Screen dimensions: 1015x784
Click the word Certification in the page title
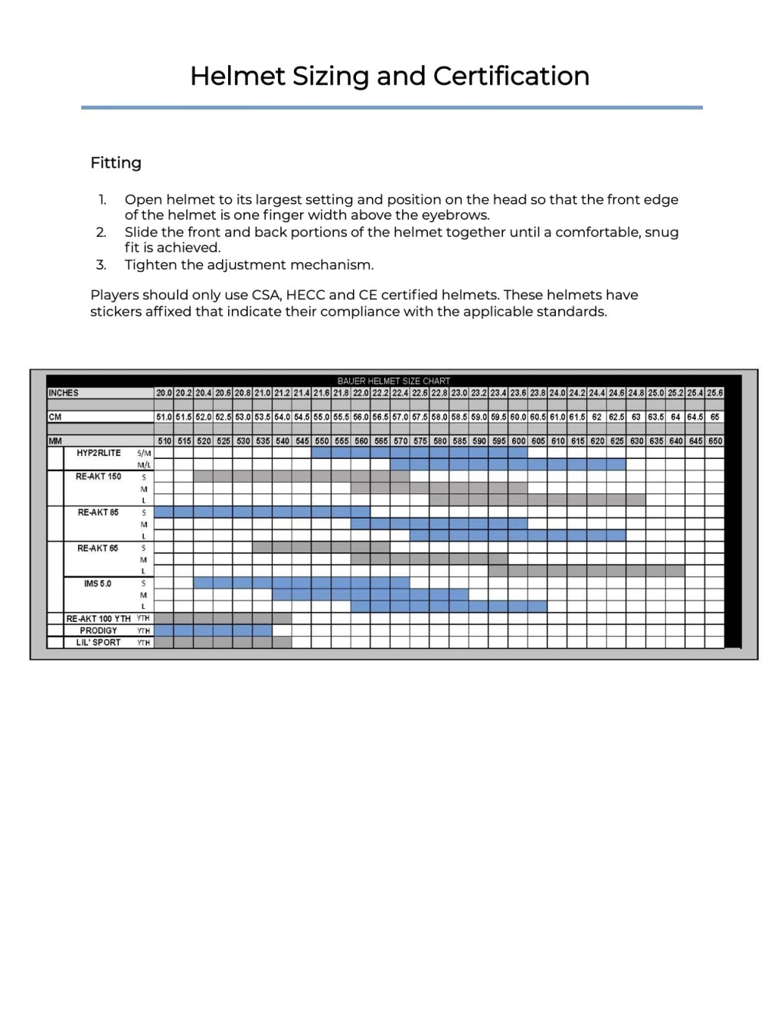click(511, 76)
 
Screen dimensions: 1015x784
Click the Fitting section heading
click(116, 162)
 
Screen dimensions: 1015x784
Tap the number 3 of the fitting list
click(101, 265)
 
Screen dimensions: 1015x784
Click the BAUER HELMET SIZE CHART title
click(394, 381)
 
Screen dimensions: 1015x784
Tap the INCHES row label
click(64, 393)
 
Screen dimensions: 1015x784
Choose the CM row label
click(55, 417)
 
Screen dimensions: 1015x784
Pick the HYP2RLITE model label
click(98, 453)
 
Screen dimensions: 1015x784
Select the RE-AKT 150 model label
click(98, 476)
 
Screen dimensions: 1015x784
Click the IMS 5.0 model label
click(97, 584)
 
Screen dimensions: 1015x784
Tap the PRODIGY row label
click(98, 630)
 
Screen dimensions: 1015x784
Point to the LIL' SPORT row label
click(98, 642)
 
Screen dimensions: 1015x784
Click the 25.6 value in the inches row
click(714, 393)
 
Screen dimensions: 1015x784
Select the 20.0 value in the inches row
click(164, 393)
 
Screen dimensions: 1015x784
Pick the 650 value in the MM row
click(714, 441)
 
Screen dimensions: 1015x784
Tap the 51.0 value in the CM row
click(164, 417)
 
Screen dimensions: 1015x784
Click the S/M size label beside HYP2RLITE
click(144, 453)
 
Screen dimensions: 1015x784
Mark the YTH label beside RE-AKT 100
click(143, 618)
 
